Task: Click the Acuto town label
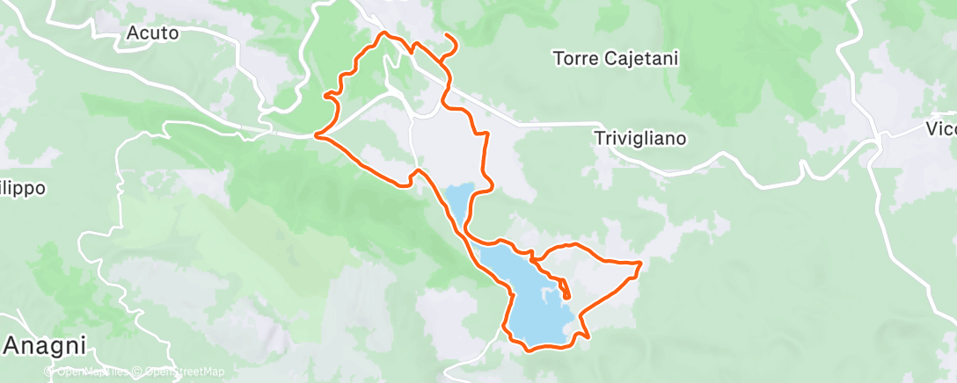(x=153, y=33)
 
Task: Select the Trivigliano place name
(x=639, y=138)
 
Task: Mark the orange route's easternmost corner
(x=641, y=263)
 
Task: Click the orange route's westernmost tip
(x=316, y=136)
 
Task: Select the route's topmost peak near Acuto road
(x=383, y=33)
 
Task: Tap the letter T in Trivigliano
(x=599, y=138)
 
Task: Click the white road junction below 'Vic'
(x=880, y=141)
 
